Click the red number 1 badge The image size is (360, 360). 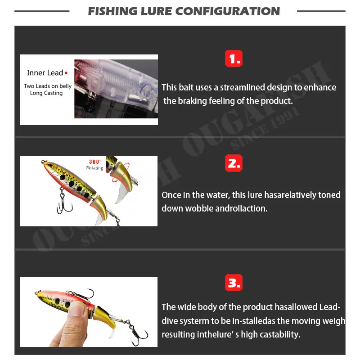point(233,58)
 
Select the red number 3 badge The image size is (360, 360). point(233,283)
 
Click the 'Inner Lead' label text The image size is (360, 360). point(45,73)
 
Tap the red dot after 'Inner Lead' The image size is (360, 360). point(66,72)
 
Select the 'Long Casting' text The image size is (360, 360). point(46,93)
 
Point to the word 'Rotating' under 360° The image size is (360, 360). point(95,168)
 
